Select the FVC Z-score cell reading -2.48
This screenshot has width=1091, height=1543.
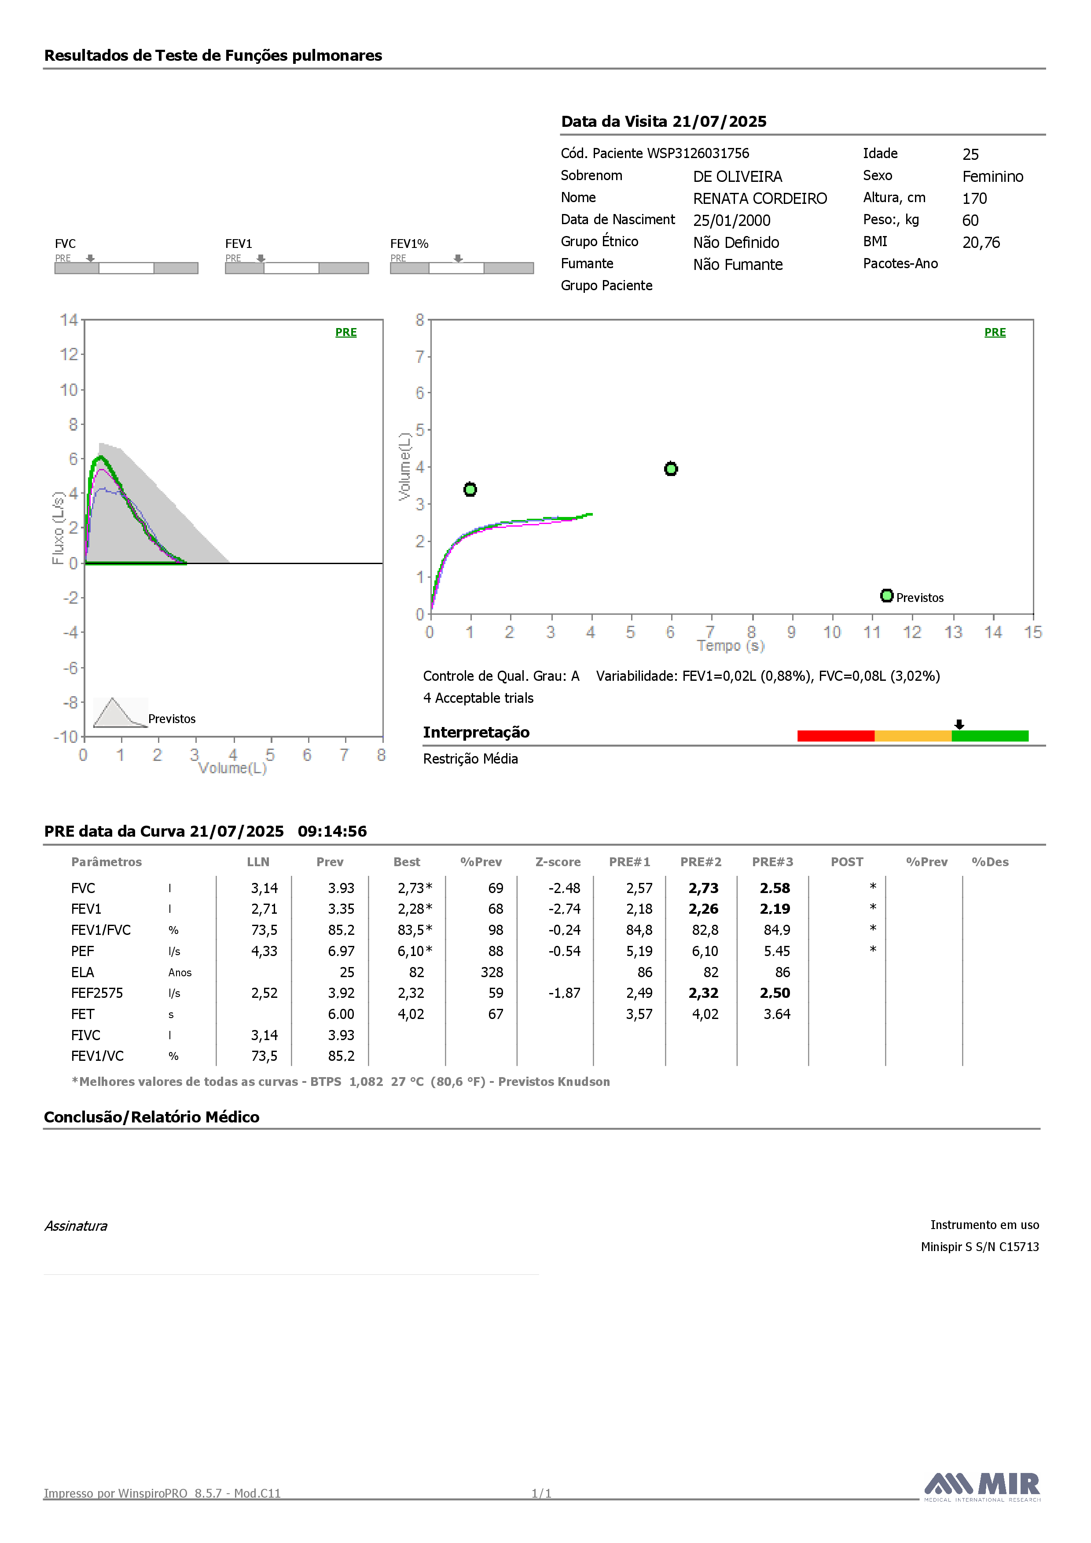coord(564,889)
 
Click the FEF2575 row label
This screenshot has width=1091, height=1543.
coord(97,993)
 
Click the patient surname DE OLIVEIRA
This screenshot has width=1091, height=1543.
coord(738,177)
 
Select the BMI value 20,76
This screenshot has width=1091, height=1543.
coord(981,243)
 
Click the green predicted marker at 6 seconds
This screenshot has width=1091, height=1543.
coord(670,469)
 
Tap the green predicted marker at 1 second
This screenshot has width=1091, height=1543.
coord(470,489)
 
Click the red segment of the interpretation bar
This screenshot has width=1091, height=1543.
coord(836,736)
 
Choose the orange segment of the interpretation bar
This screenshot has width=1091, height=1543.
coord(913,736)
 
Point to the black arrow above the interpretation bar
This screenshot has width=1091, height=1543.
coord(959,724)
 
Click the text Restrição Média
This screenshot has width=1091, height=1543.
coord(470,759)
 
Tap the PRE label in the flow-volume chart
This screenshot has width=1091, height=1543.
coord(346,332)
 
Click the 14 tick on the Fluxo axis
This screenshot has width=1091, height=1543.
coord(69,320)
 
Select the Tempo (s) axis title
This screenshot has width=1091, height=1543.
coord(731,646)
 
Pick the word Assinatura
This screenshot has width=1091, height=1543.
coord(76,1226)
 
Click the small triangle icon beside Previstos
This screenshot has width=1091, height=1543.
coord(120,712)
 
